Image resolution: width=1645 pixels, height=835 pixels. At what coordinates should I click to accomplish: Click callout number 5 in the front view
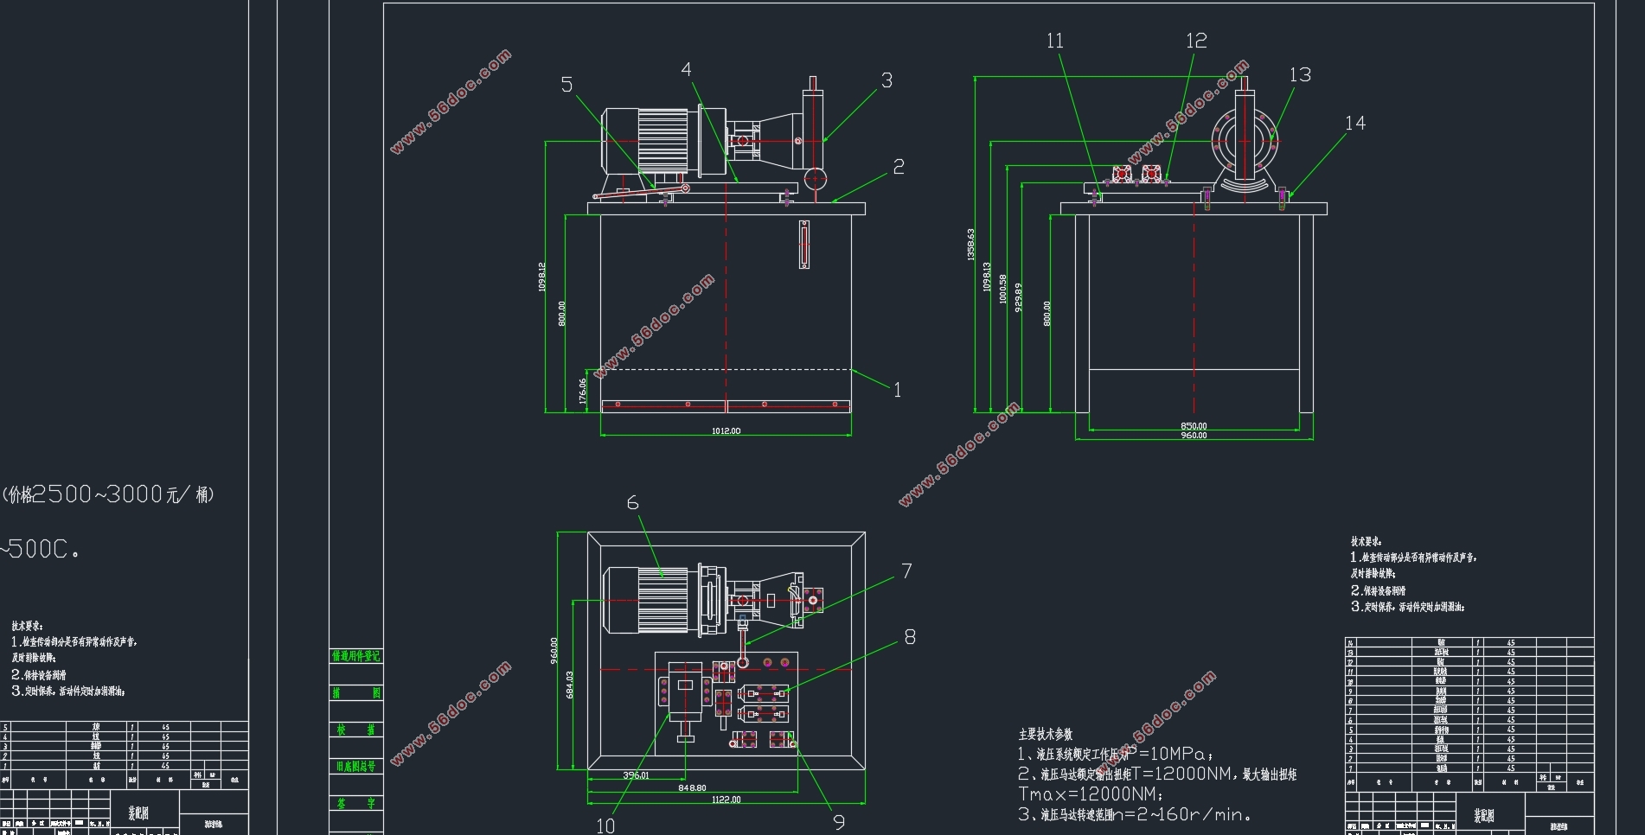pyautogui.click(x=566, y=85)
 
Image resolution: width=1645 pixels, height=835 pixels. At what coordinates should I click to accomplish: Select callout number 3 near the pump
pyautogui.click(x=887, y=80)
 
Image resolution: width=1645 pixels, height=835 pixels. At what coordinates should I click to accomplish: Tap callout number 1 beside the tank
pyautogui.click(x=897, y=390)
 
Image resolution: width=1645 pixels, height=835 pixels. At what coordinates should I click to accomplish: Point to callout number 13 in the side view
pyautogui.click(x=1300, y=75)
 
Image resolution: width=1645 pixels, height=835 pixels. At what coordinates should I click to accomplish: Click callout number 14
pyautogui.click(x=1354, y=124)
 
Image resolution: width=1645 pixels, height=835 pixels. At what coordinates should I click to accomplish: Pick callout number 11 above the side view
pyautogui.click(x=1054, y=41)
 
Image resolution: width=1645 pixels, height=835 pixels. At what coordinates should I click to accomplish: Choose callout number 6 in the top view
pyautogui.click(x=632, y=503)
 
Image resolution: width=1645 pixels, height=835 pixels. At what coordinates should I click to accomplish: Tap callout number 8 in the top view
pyautogui.click(x=910, y=637)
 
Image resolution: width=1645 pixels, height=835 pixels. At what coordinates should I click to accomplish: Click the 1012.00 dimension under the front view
pyautogui.click(x=726, y=430)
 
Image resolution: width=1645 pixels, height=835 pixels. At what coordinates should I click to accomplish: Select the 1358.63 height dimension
pyautogui.click(x=970, y=245)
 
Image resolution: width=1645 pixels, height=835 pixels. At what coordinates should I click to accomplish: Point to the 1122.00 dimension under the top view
pyautogui.click(x=726, y=800)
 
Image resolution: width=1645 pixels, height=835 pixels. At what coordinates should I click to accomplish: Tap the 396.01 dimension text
pyautogui.click(x=636, y=775)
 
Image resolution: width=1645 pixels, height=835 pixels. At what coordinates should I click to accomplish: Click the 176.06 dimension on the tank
pyautogui.click(x=582, y=391)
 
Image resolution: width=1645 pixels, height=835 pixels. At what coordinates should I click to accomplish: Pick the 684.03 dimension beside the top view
pyautogui.click(x=569, y=685)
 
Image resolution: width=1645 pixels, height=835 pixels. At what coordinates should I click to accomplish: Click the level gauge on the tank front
pyautogui.click(x=804, y=245)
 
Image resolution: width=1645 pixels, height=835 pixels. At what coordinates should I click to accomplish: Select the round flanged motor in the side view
pyautogui.click(x=1245, y=142)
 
